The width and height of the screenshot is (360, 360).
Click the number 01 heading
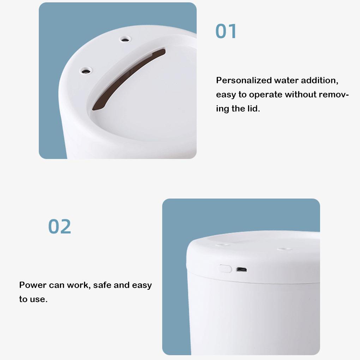point(226,31)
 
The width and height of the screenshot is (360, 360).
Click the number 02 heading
point(60,227)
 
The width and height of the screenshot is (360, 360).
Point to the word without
point(301,95)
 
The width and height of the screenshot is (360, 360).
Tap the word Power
point(33,285)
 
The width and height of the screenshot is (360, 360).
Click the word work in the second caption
point(79,285)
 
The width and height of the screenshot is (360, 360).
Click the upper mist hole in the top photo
point(124,39)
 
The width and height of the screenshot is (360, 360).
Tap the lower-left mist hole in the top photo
point(85,71)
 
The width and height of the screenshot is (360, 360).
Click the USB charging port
point(242,270)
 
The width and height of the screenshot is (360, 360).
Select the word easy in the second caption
point(142,285)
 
